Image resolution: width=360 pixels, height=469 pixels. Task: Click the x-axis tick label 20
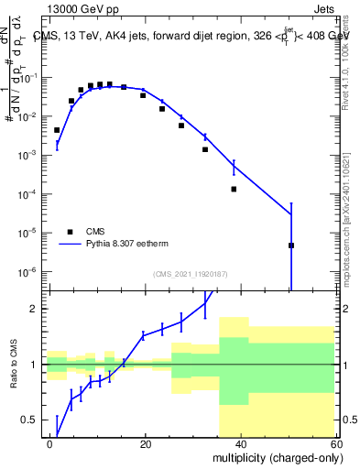146,443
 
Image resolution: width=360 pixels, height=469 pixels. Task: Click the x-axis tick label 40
241,443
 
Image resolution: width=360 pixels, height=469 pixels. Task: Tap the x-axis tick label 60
335,443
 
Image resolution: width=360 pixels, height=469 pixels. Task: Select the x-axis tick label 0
50,443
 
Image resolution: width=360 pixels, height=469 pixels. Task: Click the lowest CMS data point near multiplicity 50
290,245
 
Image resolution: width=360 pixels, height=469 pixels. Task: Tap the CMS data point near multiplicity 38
234,189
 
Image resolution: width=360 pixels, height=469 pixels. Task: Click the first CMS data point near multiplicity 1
57,130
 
